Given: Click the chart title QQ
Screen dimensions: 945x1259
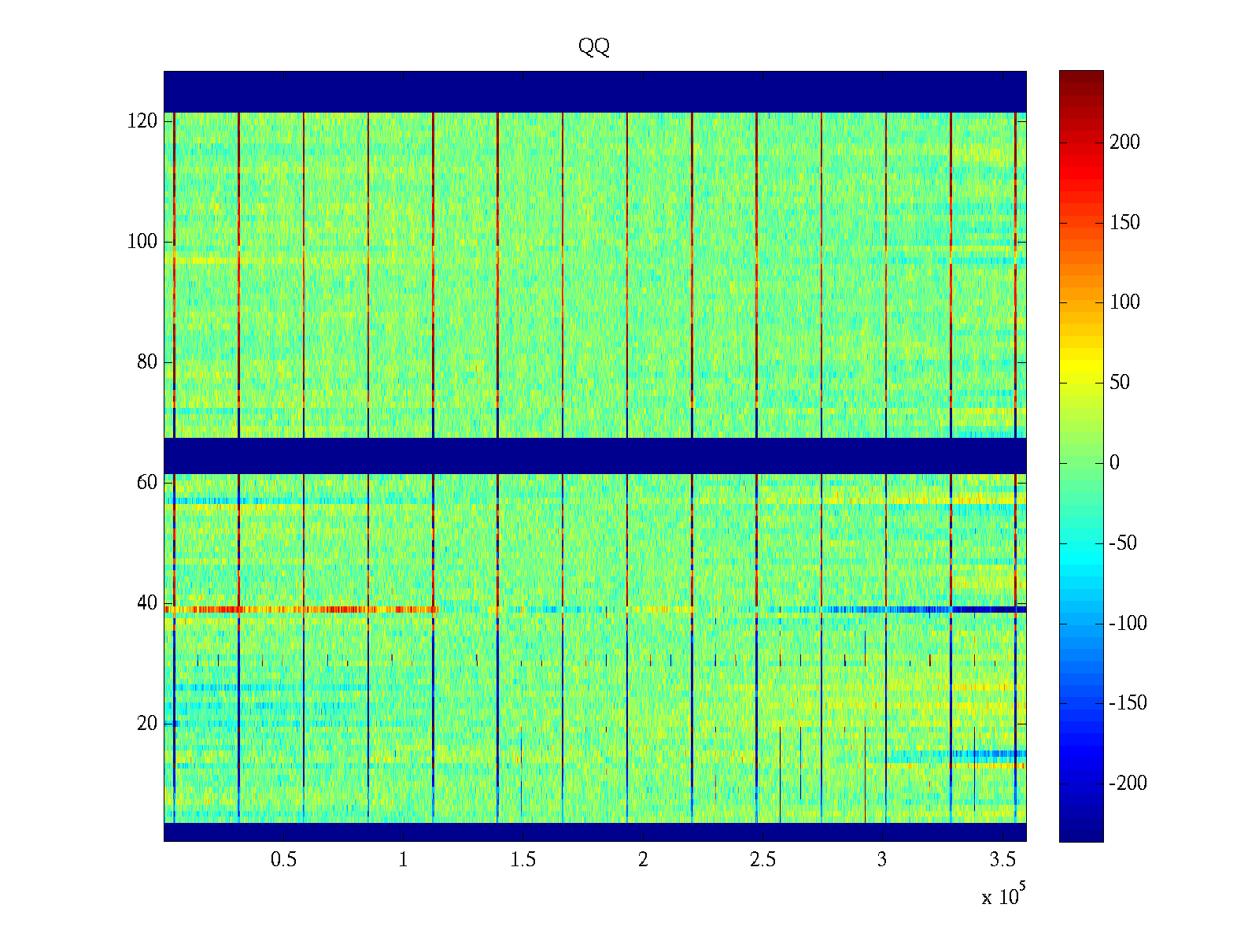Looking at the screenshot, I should (x=594, y=47).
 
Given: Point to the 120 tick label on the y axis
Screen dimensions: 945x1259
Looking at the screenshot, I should (x=142, y=121).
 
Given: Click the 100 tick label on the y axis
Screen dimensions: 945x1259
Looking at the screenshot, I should (x=142, y=242).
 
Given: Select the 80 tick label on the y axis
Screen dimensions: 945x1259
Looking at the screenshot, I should (x=147, y=362).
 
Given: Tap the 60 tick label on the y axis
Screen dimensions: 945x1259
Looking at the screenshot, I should (x=147, y=483).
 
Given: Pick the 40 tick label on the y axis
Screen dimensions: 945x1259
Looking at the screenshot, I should (x=147, y=603).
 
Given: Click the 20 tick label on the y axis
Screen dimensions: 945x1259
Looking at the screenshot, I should (x=147, y=724).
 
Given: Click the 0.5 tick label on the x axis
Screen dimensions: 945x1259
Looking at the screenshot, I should (x=283, y=860).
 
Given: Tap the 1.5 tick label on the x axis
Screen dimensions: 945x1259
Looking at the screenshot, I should (x=523, y=860).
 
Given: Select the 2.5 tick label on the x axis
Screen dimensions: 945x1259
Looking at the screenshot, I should (x=762, y=860).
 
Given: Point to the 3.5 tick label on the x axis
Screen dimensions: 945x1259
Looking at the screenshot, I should (x=1002, y=860).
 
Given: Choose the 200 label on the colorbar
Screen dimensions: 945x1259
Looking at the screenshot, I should (x=1124, y=143).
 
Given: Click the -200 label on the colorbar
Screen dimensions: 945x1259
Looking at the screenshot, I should (x=1128, y=784).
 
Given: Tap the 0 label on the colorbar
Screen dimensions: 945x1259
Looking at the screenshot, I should (x=1114, y=463).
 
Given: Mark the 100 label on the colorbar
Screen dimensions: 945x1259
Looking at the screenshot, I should (x=1124, y=302).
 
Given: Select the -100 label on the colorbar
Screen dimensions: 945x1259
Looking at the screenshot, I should (x=1128, y=624).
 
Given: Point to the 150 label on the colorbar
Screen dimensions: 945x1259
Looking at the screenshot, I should (x=1124, y=223).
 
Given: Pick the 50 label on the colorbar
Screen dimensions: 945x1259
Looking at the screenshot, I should (x=1120, y=383).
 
